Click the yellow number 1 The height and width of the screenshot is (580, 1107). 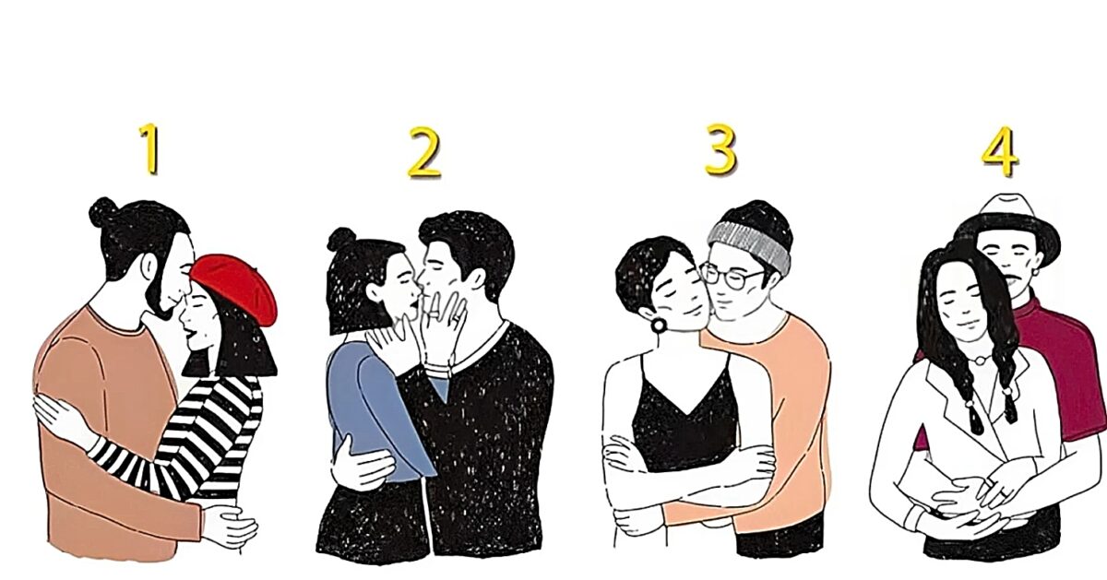pyautogui.click(x=149, y=149)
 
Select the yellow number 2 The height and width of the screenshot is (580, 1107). pyautogui.click(x=424, y=152)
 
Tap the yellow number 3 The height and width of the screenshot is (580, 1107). pyautogui.click(x=720, y=149)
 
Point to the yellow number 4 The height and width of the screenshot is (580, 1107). pyautogui.click(x=999, y=151)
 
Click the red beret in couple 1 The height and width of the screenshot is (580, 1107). pyautogui.click(x=236, y=288)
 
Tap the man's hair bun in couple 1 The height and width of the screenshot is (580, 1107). pyautogui.click(x=102, y=212)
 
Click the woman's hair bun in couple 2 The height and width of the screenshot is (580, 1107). pyautogui.click(x=342, y=241)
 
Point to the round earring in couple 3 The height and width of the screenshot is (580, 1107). pyautogui.click(x=659, y=326)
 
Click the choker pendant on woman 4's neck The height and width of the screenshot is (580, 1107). pyautogui.click(x=978, y=360)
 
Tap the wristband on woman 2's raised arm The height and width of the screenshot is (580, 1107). pyautogui.click(x=437, y=370)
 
